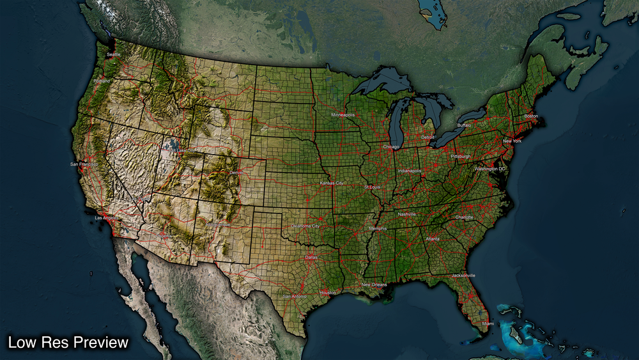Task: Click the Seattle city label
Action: pyautogui.click(x=113, y=54)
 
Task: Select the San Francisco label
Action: pyautogui.click(x=84, y=164)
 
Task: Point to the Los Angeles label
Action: pyautogui.click(x=107, y=218)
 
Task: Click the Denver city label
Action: pyautogui.click(x=236, y=173)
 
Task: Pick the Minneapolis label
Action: pyautogui.click(x=343, y=114)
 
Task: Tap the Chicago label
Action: pyautogui.click(x=390, y=146)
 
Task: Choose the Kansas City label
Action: pyautogui.click(x=332, y=184)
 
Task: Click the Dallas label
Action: pyautogui.click(x=311, y=257)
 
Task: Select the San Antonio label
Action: pyautogui.click(x=295, y=296)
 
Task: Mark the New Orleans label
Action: pyautogui.click(x=374, y=285)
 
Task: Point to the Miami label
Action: pyautogui.click(x=488, y=324)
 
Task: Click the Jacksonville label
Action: pyautogui.click(x=463, y=275)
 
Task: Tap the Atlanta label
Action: pyautogui.click(x=433, y=239)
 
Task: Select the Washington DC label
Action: pyautogui.click(x=489, y=169)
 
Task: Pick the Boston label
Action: pyautogui.click(x=531, y=116)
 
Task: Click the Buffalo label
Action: pyautogui.click(x=464, y=125)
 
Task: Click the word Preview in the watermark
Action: pyautogui.click(x=101, y=343)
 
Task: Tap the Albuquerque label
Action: pyautogui.click(x=218, y=224)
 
